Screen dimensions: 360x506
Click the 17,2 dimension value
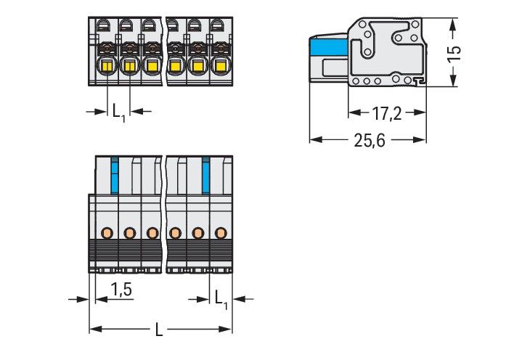(387, 113)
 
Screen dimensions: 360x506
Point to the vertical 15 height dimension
(453, 54)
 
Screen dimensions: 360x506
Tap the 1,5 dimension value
(121, 290)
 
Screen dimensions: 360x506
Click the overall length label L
(160, 330)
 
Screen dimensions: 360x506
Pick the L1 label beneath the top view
(118, 111)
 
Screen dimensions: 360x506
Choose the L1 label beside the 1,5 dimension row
(221, 297)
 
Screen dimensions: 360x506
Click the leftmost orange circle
(107, 232)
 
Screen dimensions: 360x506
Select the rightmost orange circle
(220, 232)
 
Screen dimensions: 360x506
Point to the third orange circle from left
(152, 232)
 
